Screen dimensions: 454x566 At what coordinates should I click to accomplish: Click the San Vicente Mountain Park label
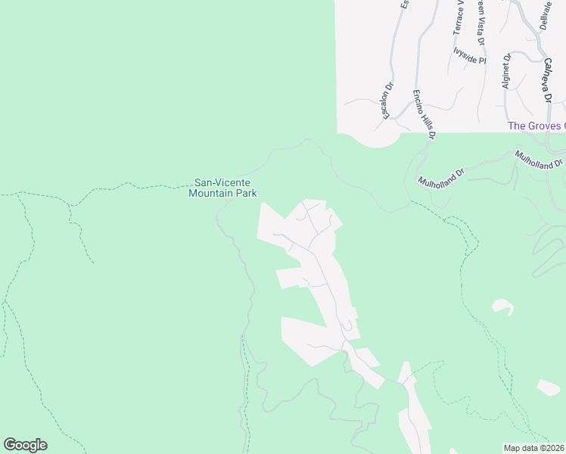click(x=222, y=188)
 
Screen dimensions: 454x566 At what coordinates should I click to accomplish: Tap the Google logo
click(x=25, y=445)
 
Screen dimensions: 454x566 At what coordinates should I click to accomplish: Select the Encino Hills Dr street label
click(x=424, y=114)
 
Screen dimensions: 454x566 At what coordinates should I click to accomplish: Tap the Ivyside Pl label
click(x=469, y=56)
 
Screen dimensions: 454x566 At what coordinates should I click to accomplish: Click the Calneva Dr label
click(x=546, y=82)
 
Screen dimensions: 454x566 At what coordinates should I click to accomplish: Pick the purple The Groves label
click(x=536, y=126)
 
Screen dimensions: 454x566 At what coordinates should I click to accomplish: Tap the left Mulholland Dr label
click(x=440, y=177)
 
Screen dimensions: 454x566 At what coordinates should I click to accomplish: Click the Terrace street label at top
click(x=458, y=17)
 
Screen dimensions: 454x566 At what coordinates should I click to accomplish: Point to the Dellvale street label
click(x=546, y=15)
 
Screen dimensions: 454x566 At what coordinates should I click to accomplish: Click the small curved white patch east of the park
click(x=502, y=306)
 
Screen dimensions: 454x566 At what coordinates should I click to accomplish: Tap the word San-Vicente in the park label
click(x=222, y=182)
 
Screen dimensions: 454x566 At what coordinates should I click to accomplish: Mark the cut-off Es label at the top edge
click(x=405, y=4)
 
